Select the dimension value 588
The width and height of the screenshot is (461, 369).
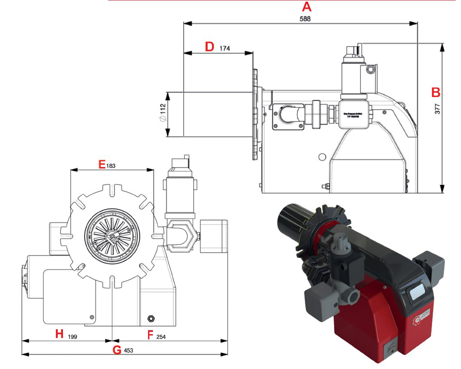(305, 19)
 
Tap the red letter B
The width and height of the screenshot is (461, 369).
(435, 92)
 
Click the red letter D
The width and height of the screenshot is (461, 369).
(209, 47)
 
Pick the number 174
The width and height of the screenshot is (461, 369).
(225, 48)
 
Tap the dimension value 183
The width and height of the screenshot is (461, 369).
(111, 166)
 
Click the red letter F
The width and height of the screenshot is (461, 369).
(150, 334)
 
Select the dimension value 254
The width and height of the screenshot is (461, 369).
(162, 337)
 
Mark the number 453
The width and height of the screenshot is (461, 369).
(129, 350)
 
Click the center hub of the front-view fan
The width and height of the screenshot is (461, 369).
(110, 236)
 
